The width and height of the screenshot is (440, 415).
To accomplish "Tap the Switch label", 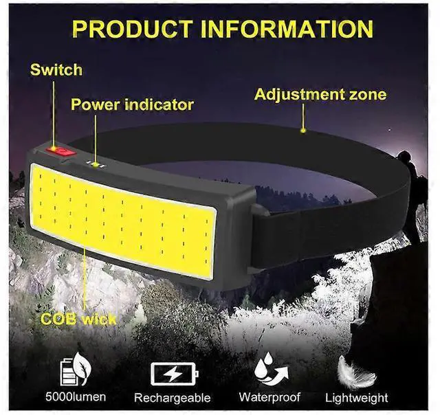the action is click(56, 69).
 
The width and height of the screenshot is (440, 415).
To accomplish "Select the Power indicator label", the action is click(132, 105).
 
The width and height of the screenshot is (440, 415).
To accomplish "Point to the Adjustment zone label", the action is click(320, 94).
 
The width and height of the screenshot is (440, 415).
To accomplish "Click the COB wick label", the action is click(78, 319).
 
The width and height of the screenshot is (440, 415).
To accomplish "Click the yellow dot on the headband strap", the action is click(303, 128).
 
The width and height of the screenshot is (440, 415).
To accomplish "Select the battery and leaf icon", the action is click(74, 371).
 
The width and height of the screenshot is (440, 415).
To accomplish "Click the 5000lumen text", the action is click(75, 397).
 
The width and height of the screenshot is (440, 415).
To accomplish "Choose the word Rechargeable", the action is click(172, 398).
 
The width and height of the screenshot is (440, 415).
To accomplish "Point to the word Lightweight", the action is click(356, 398).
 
